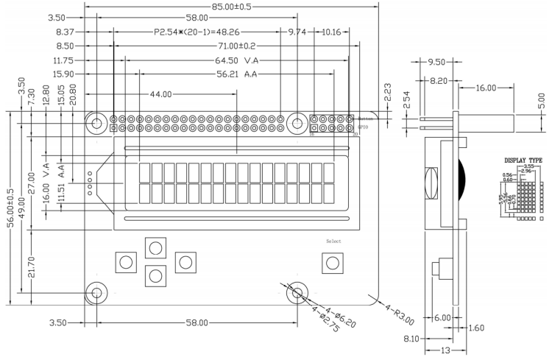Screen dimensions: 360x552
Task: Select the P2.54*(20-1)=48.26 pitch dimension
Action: [197, 32]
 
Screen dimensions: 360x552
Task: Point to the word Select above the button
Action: [333, 241]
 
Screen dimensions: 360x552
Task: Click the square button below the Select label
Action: [333, 262]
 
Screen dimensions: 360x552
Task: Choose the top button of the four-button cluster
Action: [155, 247]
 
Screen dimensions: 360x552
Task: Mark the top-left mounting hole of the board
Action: [96, 124]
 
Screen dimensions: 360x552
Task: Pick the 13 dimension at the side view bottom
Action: [445, 351]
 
